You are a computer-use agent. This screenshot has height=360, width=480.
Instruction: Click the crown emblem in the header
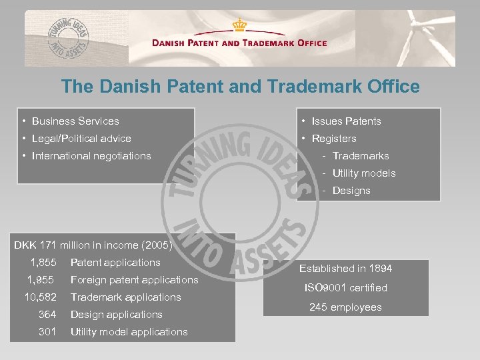[x=239, y=25]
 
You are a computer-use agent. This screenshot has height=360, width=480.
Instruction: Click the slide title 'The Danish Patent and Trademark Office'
[x=240, y=87]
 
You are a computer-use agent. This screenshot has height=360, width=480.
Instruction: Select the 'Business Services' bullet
[x=75, y=121]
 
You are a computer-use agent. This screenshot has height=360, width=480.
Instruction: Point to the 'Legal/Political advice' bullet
[x=81, y=139]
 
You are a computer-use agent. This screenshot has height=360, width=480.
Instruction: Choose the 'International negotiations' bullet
[x=91, y=156]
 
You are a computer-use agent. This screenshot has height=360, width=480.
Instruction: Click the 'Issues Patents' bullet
[x=346, y=121]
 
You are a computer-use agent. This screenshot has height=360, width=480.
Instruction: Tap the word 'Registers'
[x=334, y=139]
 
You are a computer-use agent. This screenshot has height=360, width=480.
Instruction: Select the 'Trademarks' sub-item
[x=361, y=156]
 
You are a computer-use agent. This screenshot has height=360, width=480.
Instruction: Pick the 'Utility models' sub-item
[x=364, y=173]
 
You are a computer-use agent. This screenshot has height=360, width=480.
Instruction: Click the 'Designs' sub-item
[x=351, y=191]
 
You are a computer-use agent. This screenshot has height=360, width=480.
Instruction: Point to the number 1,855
[x=43, y=263]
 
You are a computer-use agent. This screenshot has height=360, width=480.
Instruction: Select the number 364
[x=47, y=315]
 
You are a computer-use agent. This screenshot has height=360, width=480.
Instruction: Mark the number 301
[x=47, y=332]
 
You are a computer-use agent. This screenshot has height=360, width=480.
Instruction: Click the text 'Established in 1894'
[x=345, y=269]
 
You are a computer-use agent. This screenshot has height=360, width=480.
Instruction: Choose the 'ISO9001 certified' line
[x=345, y=288]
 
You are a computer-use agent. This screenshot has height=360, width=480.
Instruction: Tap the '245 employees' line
[x=345, y=307]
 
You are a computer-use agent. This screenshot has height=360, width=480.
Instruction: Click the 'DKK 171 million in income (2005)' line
[x=93, y=245]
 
